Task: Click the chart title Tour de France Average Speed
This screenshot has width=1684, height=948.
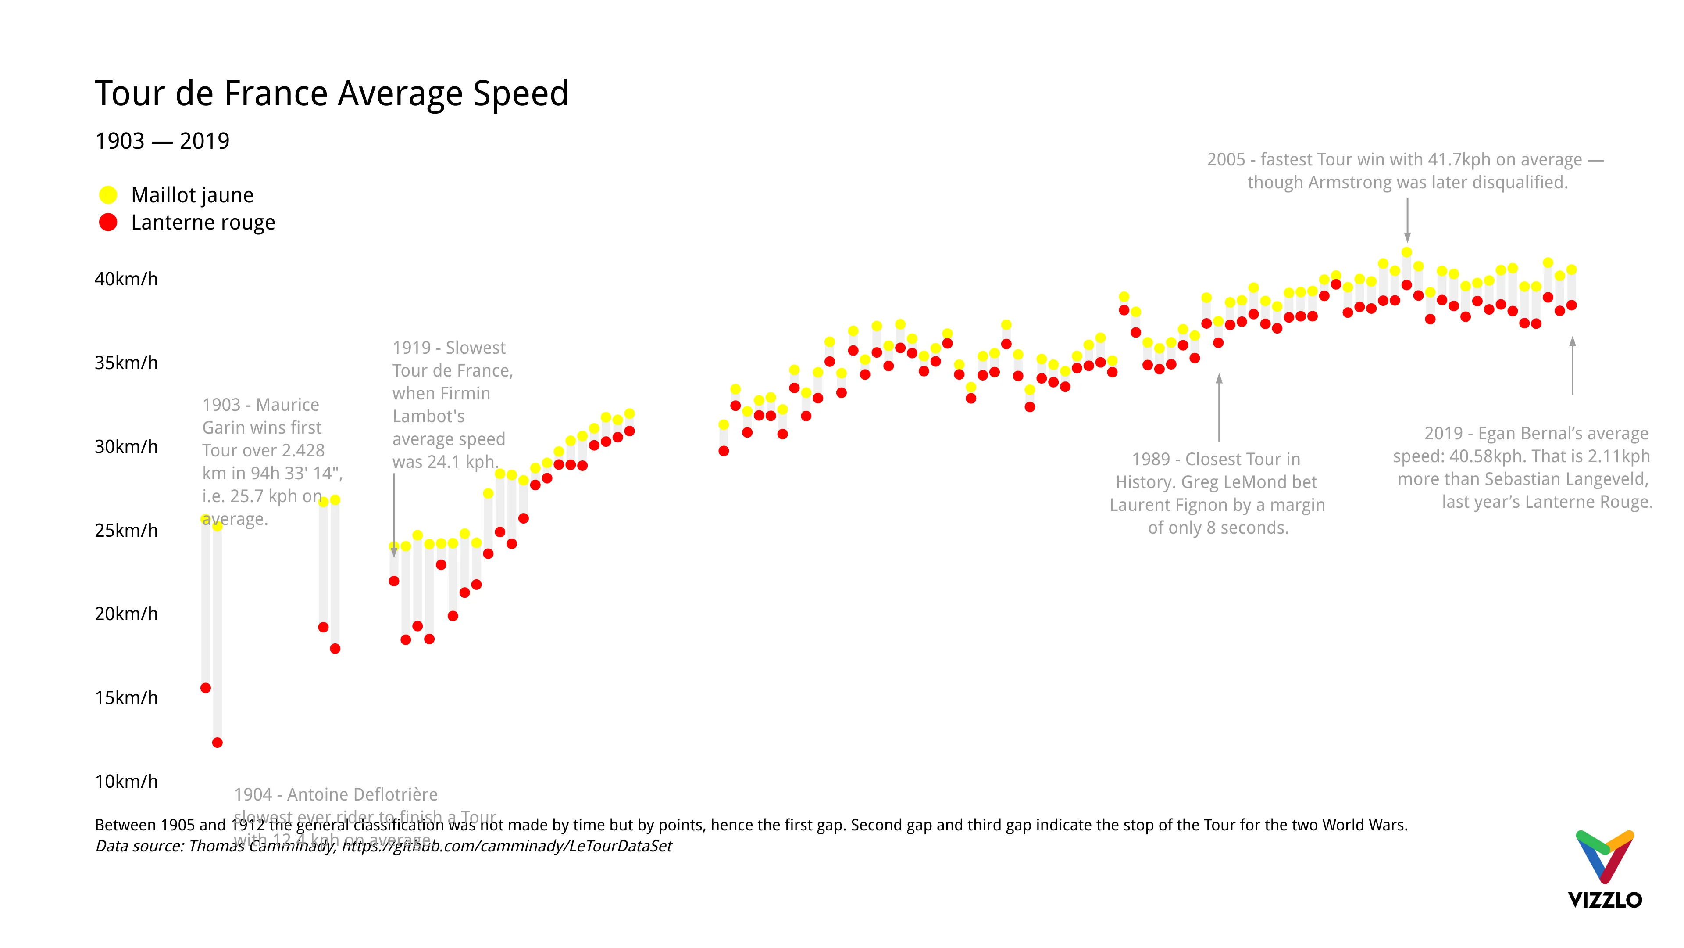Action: [332, 93]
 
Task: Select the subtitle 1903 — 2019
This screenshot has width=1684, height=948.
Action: [162, 140]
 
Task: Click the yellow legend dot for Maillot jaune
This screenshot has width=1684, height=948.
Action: [108, 195]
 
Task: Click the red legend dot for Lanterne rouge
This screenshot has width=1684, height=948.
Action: [108, 223]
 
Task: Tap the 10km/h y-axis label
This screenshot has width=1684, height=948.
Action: [126, 781]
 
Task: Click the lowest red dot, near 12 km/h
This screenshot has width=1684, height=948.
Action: [218, 743]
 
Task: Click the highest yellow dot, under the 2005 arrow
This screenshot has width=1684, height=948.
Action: [1407, 252]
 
